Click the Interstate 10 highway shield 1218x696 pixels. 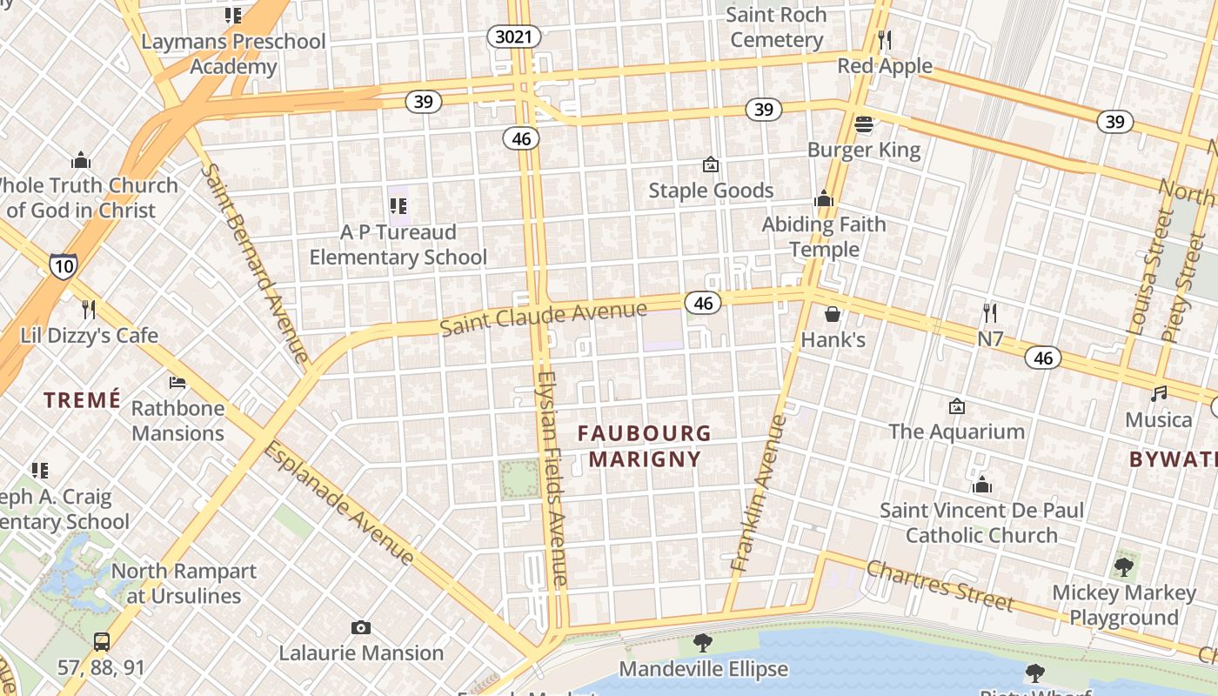point(63,265)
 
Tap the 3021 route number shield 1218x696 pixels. point(513,37)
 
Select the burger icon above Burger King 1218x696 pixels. point(863,124)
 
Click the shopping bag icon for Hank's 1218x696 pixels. point(833,313)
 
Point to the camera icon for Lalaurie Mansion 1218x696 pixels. point(360,627)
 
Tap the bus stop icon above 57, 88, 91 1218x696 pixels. point(102,642)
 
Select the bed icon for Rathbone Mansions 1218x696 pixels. point(177,383)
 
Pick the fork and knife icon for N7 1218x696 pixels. point(989,312)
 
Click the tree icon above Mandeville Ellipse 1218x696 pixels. point(702,643)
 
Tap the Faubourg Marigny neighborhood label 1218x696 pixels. point(645,445)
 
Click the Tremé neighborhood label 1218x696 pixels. point(83,400)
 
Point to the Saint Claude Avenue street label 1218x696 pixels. point(543,318)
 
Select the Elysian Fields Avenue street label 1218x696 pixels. point(552,478)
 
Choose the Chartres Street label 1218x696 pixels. point(939,585)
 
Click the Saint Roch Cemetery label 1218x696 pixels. point(776,27)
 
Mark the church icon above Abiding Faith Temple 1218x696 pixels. point(823,199)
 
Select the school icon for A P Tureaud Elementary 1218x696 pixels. point(398,206)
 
